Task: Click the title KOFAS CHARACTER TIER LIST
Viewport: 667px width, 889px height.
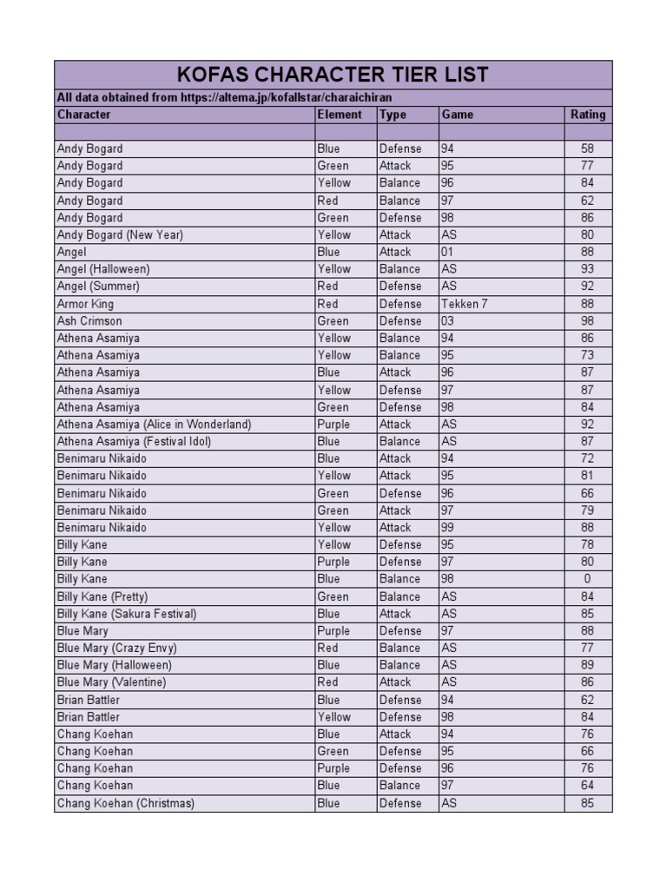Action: pos(333,75)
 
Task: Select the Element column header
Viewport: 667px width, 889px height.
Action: pos(339,115)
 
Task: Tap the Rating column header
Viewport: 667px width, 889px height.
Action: pos(587,115)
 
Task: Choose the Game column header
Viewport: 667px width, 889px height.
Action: pos(457,115)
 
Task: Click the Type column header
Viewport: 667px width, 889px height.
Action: pos(393,115)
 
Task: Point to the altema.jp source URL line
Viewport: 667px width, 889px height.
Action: pos(230,98)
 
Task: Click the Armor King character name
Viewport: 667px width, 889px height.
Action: pos(85,304)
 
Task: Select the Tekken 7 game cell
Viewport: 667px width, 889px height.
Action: pos(465,304)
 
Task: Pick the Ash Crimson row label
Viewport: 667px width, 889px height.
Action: pos(89,321)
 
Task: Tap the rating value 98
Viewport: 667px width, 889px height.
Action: pos(587,321)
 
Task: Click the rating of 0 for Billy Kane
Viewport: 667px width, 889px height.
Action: pos(587,579)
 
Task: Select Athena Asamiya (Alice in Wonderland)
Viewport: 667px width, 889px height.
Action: pos(154,425)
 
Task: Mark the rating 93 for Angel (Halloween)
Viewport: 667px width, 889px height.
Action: pos(587,269)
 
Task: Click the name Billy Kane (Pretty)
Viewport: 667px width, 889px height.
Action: pos(102,596)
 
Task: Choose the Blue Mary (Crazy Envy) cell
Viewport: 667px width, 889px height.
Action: pos(116,648)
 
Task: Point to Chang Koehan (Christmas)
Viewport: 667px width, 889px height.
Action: pos(126,803)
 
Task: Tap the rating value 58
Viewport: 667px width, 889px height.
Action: pos(587,148)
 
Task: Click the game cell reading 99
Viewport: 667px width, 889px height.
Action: pos(448,528)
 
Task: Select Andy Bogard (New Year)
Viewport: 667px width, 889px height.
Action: pos(120,234)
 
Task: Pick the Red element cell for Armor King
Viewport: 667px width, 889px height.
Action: pos(328,304)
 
